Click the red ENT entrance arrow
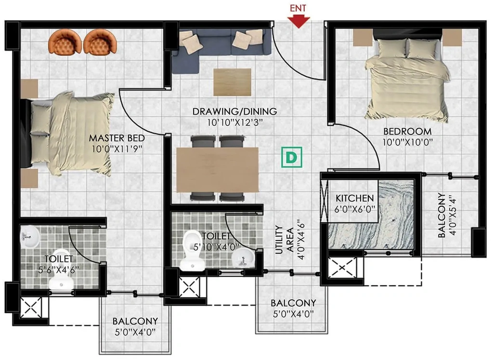298,22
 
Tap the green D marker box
291,157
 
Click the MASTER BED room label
117,138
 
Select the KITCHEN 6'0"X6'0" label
355,203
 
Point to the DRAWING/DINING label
234,111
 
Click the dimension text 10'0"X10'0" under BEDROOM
407,142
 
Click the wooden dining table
218,170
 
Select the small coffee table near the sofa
233,82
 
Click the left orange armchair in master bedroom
65,41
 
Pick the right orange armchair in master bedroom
100,41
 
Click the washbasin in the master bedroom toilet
29,236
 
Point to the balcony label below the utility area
293,308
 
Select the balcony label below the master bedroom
135,326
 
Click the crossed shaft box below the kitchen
342,267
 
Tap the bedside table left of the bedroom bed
363,38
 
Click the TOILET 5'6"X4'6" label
58,264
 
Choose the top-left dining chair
203,141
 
